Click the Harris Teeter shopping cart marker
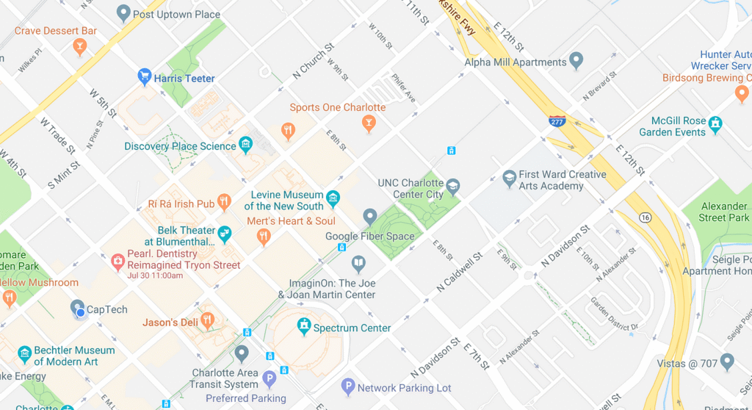point(145,76)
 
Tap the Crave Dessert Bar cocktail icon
point(79,47)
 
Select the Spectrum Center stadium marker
point(303,326)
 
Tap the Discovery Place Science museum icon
point(246,145)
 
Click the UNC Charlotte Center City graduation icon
point(453,187)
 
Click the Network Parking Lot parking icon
point(348,386)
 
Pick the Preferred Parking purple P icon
point(270,379)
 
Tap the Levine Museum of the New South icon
point(333,198)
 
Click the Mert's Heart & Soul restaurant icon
point(263,237)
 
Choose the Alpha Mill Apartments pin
point(576,60)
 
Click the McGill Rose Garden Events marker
point(716,123)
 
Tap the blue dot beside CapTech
point(80,314)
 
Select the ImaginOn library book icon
point(358,264)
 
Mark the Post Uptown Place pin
point(123,12)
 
